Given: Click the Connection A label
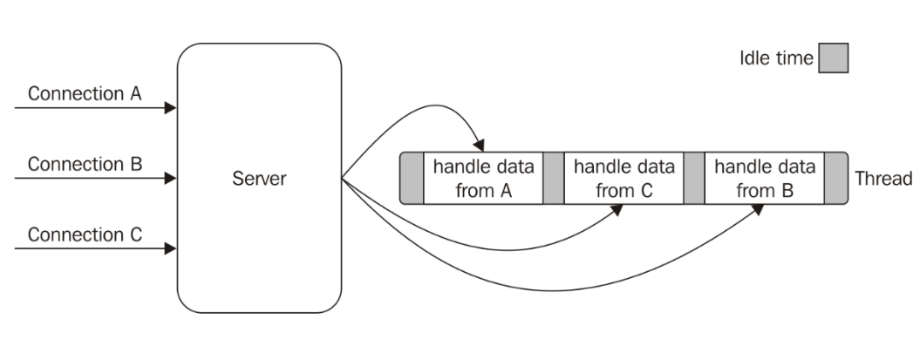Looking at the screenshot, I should [85, 94].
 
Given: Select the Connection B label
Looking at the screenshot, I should [85, 164].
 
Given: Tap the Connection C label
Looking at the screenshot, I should [85, 234].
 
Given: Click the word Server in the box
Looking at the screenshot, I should [259, 180].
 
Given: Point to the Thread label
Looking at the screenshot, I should [883, 179].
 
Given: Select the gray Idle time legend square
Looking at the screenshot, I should [833, 59].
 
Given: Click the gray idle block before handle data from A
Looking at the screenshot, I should [412, 179].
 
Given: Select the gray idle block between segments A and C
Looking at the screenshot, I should [553, 179].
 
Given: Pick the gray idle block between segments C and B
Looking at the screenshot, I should [693, 179].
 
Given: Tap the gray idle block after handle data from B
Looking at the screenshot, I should [835, 179].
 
